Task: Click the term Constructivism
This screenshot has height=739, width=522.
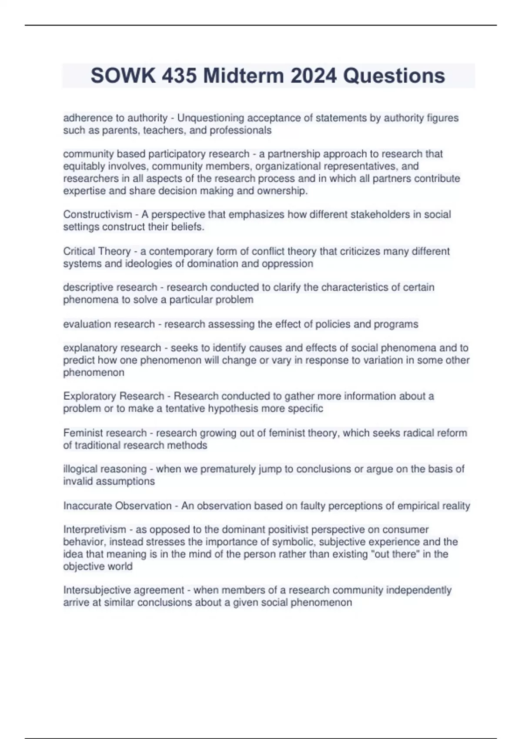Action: click(97, 214)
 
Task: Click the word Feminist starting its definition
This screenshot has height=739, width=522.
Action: click(83, 433)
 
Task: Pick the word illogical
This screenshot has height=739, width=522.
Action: click(81, 469)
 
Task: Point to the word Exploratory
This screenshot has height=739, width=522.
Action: click(90, 396)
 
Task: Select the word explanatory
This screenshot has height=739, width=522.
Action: click(90, 348)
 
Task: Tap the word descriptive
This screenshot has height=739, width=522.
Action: click(88, 287)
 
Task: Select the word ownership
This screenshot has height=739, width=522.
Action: click(282, 191)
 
